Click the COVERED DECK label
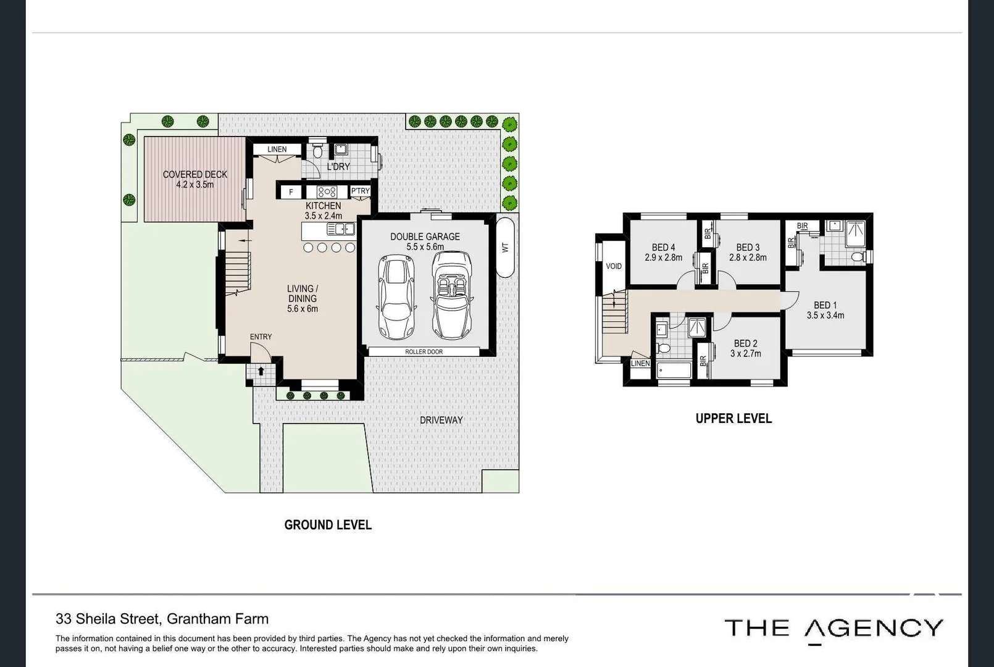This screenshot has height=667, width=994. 195,175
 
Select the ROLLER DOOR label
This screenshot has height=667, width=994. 424,352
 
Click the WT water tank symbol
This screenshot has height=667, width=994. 505,247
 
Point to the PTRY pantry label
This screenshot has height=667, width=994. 360,191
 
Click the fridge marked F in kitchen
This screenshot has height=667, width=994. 291,192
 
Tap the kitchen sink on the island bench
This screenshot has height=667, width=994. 340,230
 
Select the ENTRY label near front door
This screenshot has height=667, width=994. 261,337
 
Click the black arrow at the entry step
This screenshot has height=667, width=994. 261,371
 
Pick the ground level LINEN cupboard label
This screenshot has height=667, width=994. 277,149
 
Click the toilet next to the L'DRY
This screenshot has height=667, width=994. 318,150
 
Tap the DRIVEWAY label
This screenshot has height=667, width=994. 441,420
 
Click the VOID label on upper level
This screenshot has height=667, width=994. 614,266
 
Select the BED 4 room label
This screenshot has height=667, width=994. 663,247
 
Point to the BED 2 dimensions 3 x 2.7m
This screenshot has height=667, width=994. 746,354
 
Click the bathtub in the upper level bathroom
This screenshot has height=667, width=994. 674,371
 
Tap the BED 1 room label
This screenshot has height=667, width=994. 825,305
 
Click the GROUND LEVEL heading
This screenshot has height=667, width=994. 328,525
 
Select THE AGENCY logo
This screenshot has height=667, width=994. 833,629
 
